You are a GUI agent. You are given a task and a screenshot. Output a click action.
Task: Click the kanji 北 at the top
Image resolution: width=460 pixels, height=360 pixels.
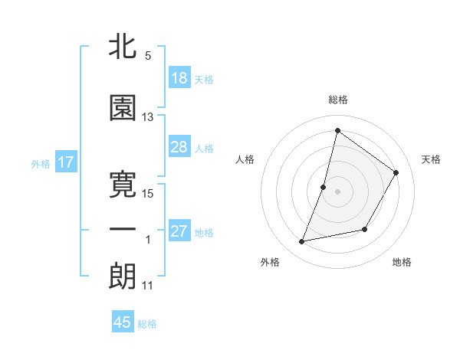click(123, 46)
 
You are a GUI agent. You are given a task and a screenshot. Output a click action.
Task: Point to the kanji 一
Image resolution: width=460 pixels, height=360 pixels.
click(123, 230)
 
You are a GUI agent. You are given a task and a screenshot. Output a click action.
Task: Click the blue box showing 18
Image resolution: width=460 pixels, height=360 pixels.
click(179, 78)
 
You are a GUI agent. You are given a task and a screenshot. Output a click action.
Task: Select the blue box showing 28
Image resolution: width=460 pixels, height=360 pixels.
click(179, 147)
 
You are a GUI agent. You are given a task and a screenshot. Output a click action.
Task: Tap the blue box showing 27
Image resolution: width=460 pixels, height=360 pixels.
click(179, 231)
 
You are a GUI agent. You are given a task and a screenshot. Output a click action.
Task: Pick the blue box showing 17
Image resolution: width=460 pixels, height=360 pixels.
click(65, 162)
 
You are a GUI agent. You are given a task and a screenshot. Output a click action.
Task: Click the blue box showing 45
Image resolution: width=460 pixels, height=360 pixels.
click(123, 322)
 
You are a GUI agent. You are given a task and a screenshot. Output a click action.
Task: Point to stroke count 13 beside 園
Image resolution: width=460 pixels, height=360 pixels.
click(148, 117)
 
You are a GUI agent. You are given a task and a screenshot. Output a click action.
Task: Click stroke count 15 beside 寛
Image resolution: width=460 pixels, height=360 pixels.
click(148, 193)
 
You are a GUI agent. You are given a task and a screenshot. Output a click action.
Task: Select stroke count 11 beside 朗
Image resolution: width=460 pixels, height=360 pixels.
click(148, 286)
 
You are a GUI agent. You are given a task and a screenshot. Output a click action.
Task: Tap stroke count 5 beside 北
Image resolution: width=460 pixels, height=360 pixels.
click(148, 56)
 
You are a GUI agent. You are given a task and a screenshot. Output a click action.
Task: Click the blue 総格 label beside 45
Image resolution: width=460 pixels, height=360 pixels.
click(147, 324)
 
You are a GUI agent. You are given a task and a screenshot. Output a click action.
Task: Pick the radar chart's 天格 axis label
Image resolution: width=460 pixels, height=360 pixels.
click(431, 159)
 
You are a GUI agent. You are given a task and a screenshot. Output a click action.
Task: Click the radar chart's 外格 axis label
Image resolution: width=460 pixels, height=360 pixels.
click(270, 262)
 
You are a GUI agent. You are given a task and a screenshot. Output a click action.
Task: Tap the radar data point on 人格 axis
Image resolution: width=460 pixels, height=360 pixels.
click(324, 187)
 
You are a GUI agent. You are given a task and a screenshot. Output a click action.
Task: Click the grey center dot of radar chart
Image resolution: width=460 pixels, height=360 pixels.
click(337, 191)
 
